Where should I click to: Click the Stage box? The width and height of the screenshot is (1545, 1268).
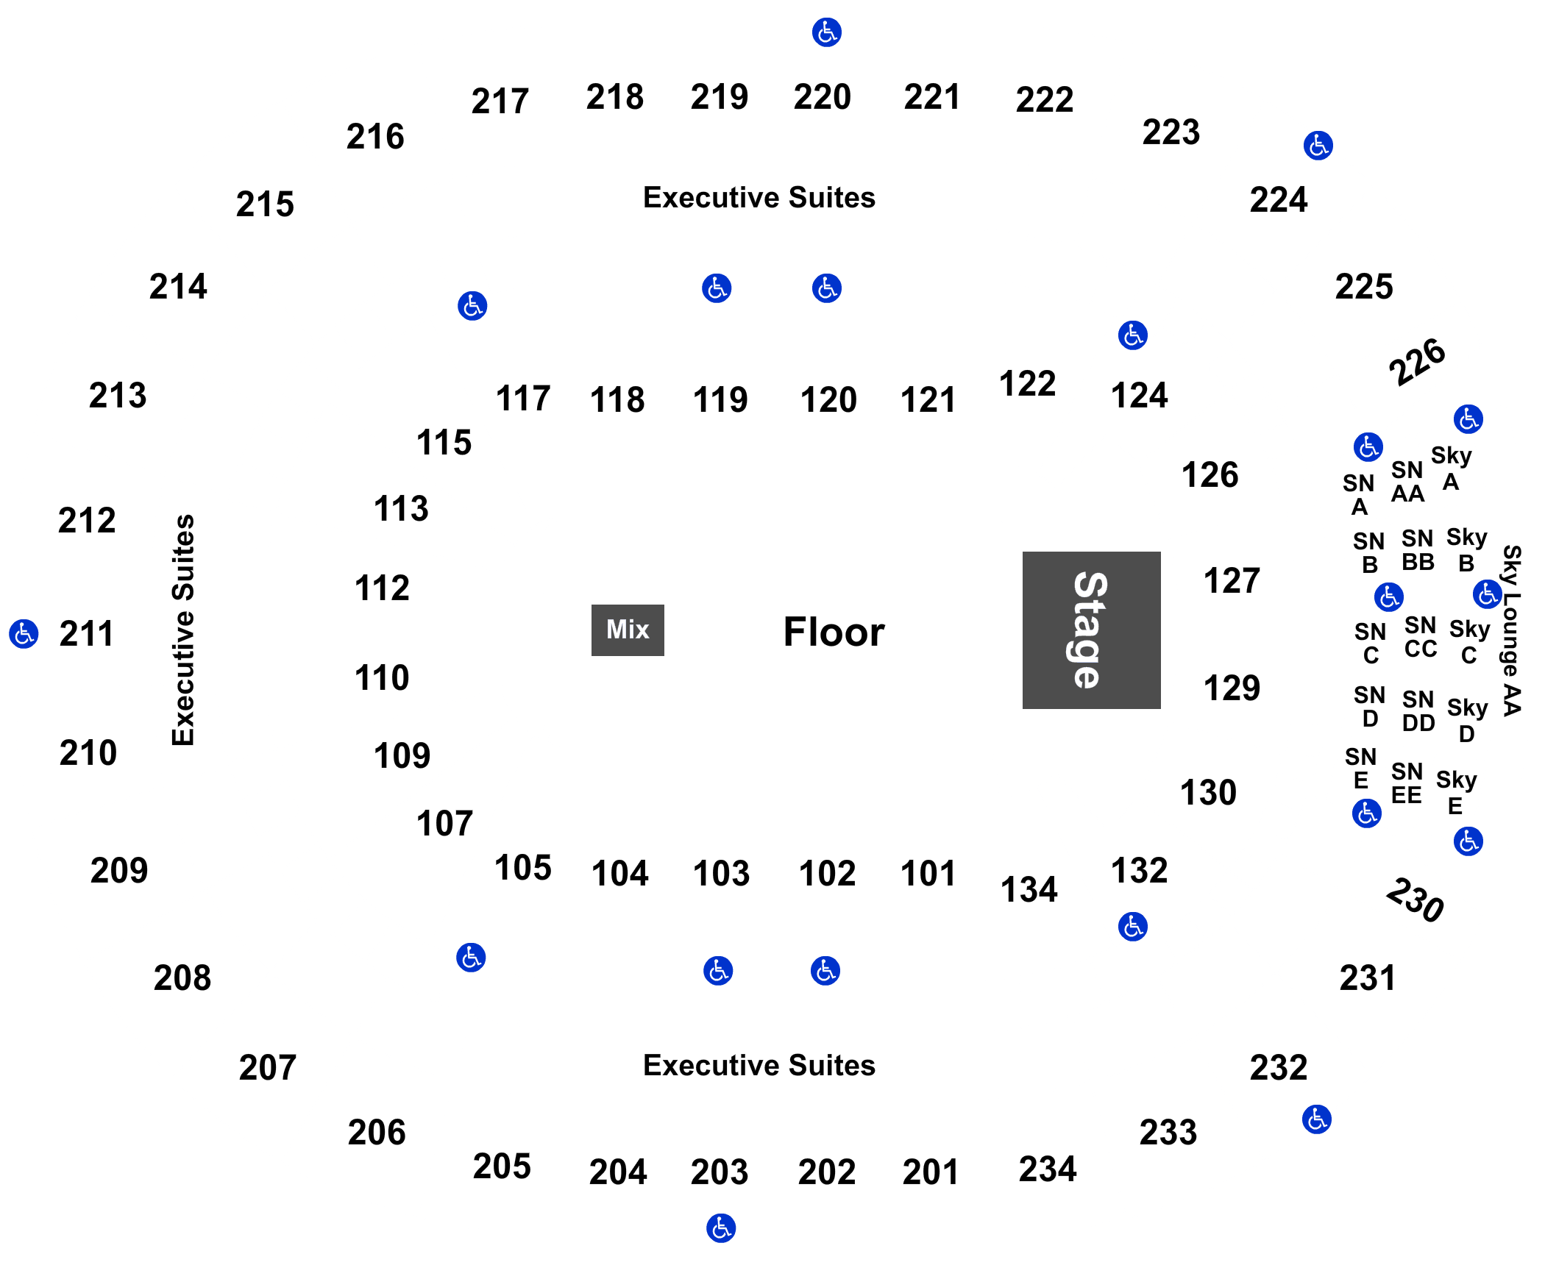(x=1091, y=630)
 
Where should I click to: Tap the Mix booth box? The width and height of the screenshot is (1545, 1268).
(x=628, y=630)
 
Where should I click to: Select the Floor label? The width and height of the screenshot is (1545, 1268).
(x=834, y=632)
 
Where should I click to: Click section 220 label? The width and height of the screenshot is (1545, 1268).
(x=823, y=96)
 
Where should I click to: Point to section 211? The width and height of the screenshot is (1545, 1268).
(x=87, y=633)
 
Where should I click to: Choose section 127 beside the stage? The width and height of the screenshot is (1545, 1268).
(x=1232, y=580)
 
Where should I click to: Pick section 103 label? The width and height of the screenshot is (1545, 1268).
(x=721, y=873)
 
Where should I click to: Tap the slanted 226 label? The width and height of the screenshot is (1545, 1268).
(x=1417, y=361)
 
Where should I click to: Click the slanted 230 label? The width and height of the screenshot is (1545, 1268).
(x=1415, y=899)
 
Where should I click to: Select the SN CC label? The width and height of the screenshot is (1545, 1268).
(x=1420, y=637)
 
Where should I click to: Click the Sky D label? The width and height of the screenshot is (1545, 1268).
(x=1467, y=720)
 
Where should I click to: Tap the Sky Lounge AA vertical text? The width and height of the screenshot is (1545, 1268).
(x=1511, y=630)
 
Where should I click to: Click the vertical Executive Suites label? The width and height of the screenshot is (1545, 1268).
(x=183, y=630)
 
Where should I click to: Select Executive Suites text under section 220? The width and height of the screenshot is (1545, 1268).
(x=759, y=197)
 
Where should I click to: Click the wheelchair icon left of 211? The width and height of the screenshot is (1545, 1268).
(x=24, y=633)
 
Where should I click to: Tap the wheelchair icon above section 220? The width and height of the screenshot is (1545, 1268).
(x=827, y=32)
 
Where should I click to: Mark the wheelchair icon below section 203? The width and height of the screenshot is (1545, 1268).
(x=721, y=1228)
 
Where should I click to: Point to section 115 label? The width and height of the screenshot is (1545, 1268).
(x=444, y=442)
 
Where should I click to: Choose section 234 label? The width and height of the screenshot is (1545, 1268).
(x=1048, y=1169)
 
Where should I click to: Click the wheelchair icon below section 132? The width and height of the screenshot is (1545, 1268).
(x=1133, y=927)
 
